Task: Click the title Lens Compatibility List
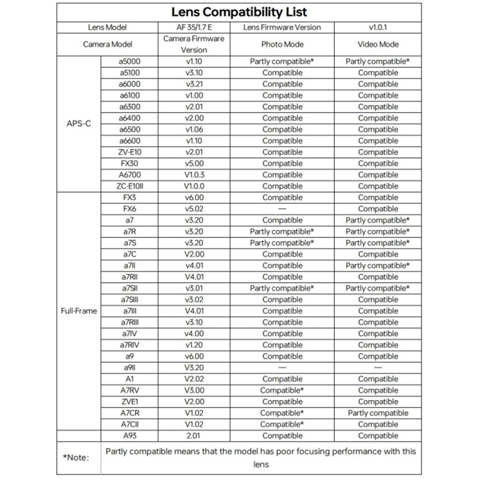point(239,12)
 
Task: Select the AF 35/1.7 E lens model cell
point(194,27)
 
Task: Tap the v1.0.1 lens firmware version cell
point(378,27)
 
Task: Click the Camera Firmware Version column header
point(194,44)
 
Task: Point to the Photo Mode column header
point(282,44)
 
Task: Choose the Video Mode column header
point(378,44)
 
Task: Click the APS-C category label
point(79,124)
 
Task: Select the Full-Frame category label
point(79,311)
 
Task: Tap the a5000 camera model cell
point(130,62)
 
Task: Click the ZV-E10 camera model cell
point(130,152)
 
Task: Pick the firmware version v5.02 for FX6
point(194,209)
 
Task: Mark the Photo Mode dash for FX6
point(282,209)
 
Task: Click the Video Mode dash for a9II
point(378,367)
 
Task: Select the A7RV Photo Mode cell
point(282,390)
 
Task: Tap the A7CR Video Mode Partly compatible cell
point(378,413)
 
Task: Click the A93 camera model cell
point(130,436)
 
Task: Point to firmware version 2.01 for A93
point(194,436)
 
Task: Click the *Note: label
point(76,458)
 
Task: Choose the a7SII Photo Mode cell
point(282,288)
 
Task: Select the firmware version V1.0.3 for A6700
point(194,175)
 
